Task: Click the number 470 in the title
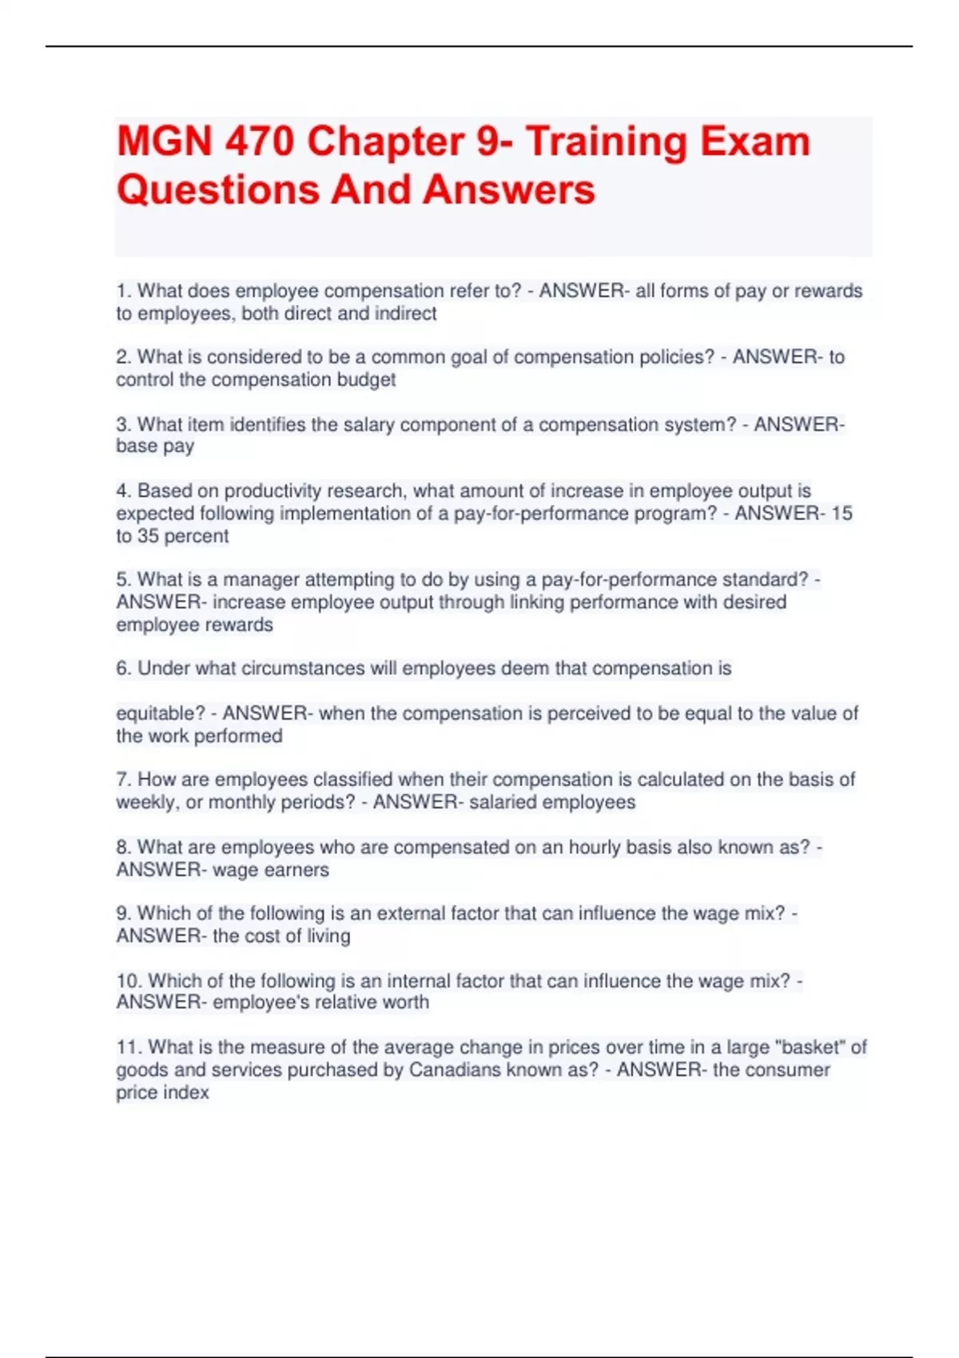tap(259, 142)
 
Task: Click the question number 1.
tap(123, 291)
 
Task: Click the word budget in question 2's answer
tap(365, 379)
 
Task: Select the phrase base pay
tap(155, 446)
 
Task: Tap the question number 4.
tap(123, 490)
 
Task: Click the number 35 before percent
tap(148, 536)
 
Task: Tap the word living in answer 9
tap(328, 935)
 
